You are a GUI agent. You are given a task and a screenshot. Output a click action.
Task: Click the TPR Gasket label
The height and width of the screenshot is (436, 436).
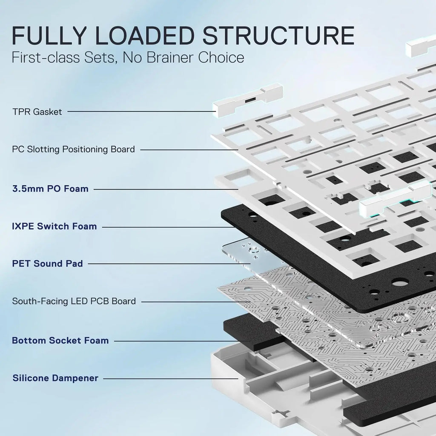click(x=37, y=112)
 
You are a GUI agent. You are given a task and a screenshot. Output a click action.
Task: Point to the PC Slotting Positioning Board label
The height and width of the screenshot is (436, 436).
click(x=73, y=149)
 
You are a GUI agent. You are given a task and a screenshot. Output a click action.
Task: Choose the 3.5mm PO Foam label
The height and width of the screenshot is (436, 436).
click(x=50, y=188)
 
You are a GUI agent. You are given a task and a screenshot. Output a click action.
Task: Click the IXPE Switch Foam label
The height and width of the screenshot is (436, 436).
click(x=54, y=226)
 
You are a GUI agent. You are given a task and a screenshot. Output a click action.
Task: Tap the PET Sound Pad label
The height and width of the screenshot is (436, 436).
click(x=47, y=264)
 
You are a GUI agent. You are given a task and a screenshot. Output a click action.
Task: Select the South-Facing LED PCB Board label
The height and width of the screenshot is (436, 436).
click(x=74, y=301)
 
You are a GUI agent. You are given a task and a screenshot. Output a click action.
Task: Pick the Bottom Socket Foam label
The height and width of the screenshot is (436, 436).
click(x=60, y=340)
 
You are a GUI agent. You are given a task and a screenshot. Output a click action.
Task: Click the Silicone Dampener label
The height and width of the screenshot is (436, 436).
click(x=55, y=378)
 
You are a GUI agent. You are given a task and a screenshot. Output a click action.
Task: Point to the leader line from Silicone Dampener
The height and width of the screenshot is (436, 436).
click(x=170, y=378)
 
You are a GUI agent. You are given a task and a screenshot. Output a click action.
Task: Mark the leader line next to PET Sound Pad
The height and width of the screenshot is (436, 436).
click(x=162, y=264)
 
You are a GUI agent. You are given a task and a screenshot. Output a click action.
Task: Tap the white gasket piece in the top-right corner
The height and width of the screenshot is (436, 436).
click(x=422, y=46)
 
